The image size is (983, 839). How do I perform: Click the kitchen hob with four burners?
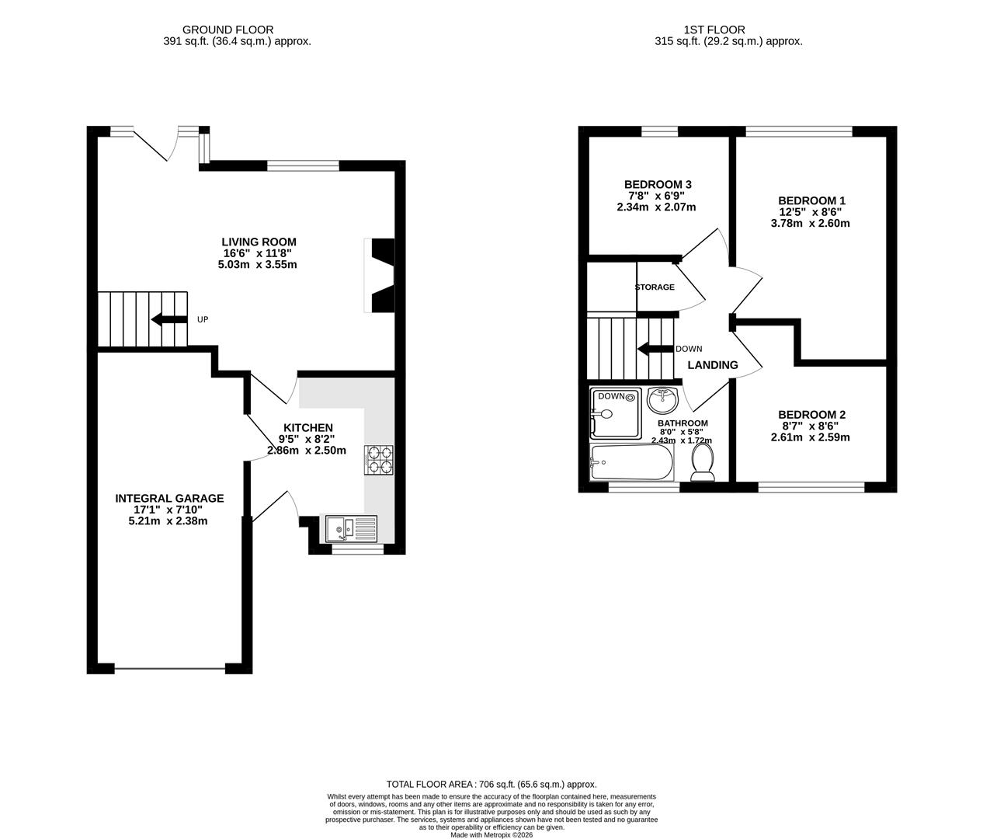click(x=379, y=460)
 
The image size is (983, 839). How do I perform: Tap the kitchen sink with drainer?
click(x=351, y=529)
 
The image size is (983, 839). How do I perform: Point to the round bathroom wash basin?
click(x=662, y=400)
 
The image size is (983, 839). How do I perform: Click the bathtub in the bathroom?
click(x=631, y=462)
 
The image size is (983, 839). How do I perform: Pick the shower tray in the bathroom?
click(x=616, y=413)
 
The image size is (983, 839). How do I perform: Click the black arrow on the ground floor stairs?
click(x=168, y=319)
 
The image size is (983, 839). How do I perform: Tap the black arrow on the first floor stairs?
click(x=655, y=349)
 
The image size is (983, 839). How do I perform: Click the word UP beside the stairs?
click(x=203, y=319)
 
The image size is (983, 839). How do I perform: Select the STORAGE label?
click(x=655, y=287)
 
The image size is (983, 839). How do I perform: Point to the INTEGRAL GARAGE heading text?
click(x=169, y=498)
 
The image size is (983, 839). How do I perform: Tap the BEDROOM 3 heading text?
click(x=658, y=184)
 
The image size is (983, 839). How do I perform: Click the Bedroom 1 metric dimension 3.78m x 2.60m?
click(x=811, y=223)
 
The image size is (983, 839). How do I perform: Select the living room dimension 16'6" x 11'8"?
click(x=257, y=253)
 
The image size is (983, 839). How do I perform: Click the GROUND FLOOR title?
click(x=228, y=30)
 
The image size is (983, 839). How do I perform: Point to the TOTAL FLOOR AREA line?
click(x=491, y=785)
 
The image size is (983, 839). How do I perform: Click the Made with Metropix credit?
click(x=491, y=834)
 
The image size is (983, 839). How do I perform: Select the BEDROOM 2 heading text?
click(x=812, y=415)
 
